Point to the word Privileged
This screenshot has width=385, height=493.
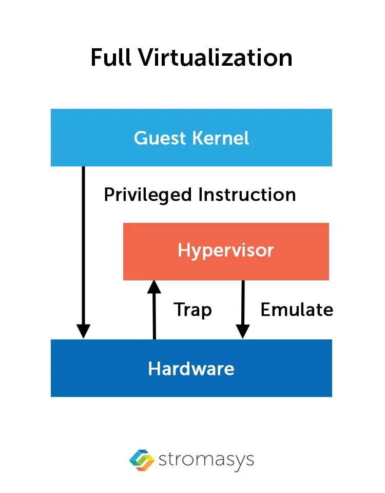148,195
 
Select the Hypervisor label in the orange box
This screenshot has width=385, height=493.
226,251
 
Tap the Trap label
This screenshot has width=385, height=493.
192,310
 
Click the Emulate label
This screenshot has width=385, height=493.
297,310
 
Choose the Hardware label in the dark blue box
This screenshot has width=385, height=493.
191,369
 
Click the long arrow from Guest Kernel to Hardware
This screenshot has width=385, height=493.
83,246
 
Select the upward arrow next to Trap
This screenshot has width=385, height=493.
154,313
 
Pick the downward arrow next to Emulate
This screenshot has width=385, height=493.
243,306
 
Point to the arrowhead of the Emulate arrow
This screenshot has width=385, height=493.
243,332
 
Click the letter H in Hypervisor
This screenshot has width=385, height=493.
184,251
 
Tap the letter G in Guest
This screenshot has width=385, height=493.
140,138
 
